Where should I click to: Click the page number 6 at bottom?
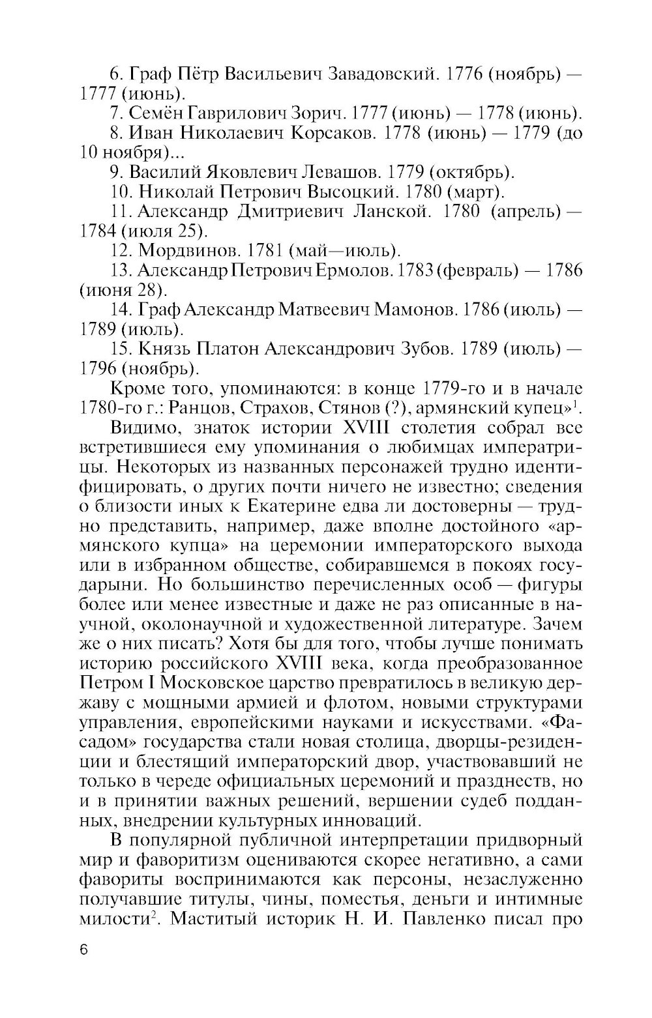[83, 949]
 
